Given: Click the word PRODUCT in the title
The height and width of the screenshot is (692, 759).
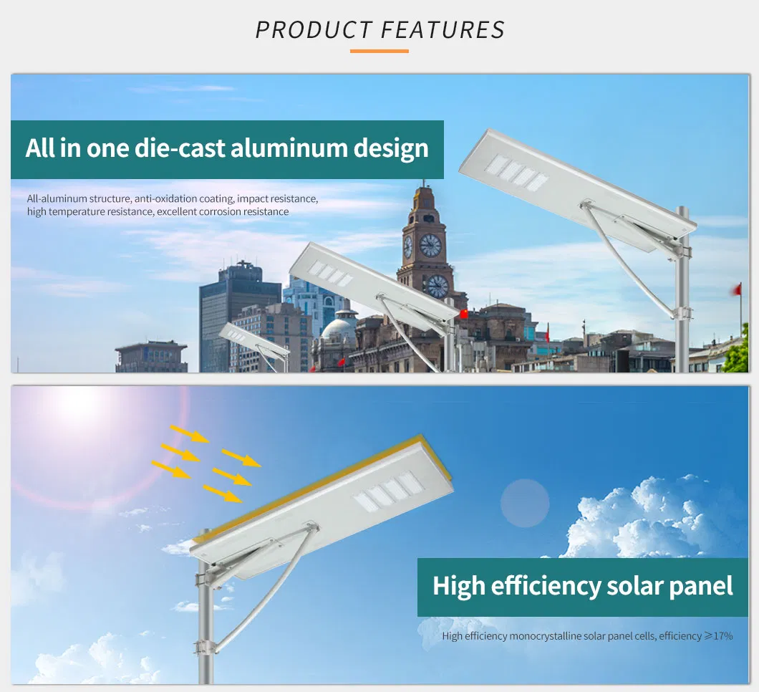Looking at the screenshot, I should click(x=312, y=30).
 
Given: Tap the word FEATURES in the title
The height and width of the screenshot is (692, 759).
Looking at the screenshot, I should click(x=443, y=30).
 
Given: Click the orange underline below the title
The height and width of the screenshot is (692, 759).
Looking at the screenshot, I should click(x=379, y=51).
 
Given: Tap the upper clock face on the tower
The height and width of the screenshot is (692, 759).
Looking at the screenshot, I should click(x=430, y=246).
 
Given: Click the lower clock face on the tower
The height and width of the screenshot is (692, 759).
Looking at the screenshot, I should click(x=437, y=286).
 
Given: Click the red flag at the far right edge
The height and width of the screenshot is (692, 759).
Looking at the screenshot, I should click(x=735, y=289).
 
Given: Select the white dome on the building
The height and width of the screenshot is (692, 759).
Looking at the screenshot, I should click(x=339, y=329).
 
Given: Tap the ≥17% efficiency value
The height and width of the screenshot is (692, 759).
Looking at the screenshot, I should click(x=718, y=635).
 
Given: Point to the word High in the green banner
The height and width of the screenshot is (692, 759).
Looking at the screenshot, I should click(x=459, y=586).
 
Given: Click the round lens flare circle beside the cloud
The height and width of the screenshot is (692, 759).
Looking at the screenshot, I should click(x=524, y=503).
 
